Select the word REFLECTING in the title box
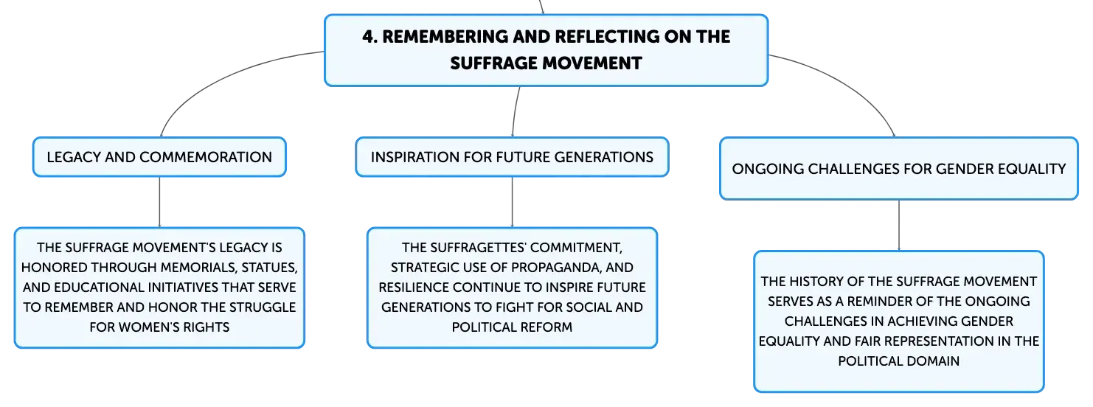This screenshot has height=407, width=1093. click(606, 37)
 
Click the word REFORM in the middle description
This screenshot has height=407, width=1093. click(549, 327)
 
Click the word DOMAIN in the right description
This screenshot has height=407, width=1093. click(935, 361)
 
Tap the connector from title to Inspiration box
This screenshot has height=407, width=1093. click(516, 112)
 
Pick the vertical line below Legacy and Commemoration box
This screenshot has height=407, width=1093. click(159, 202)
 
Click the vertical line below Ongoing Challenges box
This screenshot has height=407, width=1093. click(899, 226)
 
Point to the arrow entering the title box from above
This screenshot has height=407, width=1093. click(541, 7)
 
